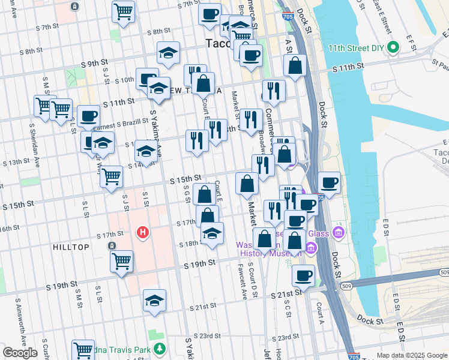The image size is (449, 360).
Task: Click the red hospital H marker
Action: pyautogui.click(x=142, y=232)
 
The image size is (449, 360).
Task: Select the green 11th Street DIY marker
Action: pyautogui.click(x=393, y=48)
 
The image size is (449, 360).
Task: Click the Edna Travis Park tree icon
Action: pyautogui.click(x=160, y=348)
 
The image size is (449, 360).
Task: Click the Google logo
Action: pyautogui.click(x=20, y=353)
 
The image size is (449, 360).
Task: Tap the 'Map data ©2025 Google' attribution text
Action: pyautogui.click(x=411, y=355)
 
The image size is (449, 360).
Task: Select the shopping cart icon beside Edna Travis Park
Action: pyautogui.click(x=83, y=350)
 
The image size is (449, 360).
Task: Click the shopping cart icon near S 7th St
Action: pyautogui.click(x=123, y=11)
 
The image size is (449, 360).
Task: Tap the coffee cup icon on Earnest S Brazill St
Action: pyautogui.click(x=88, y=116)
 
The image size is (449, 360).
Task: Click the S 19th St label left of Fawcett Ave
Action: pyautogui.click(x=199, y=264)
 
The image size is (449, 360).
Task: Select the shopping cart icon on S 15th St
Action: pyautogui.click(x=111, y=178)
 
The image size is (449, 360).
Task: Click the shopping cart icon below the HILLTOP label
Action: pyautogui.click(x=122, y=262)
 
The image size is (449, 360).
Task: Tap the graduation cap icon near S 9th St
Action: pyautogui.click(x=169, y=53)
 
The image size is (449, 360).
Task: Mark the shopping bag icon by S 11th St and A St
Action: pyautogui.click(x=295, y=65)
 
